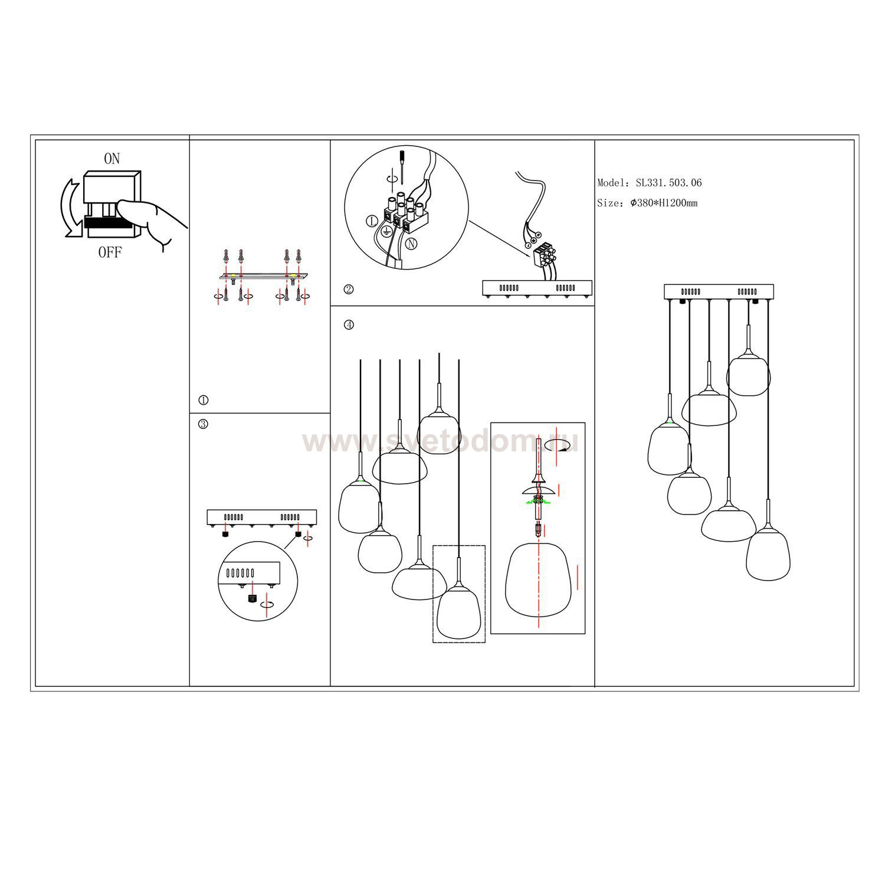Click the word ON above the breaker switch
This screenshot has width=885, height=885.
tap(112, 159)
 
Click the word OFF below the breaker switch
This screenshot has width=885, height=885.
tap(110, 253)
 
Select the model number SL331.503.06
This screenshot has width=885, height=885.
tap(668, 183)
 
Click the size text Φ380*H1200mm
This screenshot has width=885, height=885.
tap(664, 203)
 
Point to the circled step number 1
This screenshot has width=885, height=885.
tap(204, 400)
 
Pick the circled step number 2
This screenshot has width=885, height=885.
tap(349, 289)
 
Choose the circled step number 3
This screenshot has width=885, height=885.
tap(204, 424)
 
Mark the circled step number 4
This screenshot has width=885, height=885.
tap(349, 324)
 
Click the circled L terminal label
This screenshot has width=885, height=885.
tap(372, 222)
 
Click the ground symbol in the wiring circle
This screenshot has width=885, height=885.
tap(387, 231)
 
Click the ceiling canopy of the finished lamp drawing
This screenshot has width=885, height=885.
tap(719, 291)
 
